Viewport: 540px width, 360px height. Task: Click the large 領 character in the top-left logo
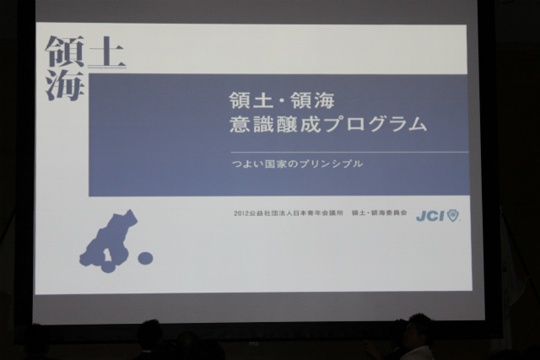65,51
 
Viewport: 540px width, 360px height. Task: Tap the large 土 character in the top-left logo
106,51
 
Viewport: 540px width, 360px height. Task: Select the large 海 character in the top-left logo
65,84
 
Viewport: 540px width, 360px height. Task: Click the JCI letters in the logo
430,216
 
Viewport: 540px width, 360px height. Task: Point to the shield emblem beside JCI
453,216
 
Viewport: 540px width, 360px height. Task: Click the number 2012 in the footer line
240,213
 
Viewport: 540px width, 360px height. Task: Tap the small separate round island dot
145,258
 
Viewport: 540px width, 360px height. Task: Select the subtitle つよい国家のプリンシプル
298,164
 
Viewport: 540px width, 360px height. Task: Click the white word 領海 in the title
313,101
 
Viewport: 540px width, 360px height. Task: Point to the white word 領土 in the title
251,101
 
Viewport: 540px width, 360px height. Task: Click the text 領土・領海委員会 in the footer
379,213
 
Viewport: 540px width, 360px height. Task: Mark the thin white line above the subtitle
349,152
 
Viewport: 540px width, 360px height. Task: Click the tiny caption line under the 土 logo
107,67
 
